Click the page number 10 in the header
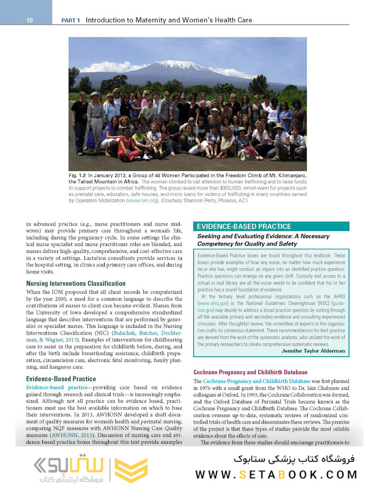[29, 20]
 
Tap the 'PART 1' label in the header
[71, 20]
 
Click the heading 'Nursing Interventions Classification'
[76, 283]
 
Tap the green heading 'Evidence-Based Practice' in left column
[61, 379]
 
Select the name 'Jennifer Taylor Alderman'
[313, 351]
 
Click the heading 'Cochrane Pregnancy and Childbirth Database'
[250, 372]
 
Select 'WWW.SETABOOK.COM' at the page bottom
[276, 474]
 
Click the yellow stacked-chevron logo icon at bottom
[131, 470]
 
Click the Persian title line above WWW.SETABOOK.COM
[294, 459]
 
